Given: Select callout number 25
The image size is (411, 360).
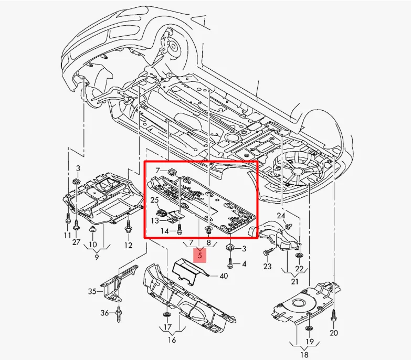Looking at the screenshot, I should (154, 200).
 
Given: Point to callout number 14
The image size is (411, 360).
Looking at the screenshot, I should (164, 231).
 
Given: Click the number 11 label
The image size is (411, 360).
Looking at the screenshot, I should (68, 236).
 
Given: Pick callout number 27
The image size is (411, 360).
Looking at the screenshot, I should (77, 242).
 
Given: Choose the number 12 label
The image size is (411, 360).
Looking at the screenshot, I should (129, 245).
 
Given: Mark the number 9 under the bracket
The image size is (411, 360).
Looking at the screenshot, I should (97, 258).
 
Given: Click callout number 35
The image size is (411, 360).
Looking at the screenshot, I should (92, 291).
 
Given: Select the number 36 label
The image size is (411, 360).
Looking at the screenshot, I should (105, 313).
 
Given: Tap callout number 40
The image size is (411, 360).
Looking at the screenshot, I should (224, 276).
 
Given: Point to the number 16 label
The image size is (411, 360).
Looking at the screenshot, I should (172, 340).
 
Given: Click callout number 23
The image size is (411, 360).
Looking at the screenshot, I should (267, 267).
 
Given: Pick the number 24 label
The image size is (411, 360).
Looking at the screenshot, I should (281, 216).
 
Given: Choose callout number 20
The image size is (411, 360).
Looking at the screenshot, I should (334, 333).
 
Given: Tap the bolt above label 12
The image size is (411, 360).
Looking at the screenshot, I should (129, 227).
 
